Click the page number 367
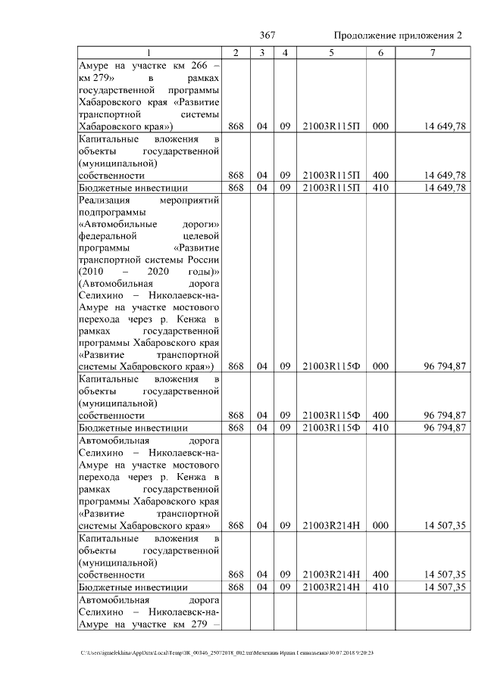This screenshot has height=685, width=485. [x=267, y=36]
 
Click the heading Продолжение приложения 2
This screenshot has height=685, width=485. [x=397, y=36]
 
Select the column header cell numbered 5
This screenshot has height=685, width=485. [x=330, y=52]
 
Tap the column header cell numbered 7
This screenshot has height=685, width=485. [x=431, y=52]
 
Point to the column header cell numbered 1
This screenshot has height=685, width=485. [x=149, y=52]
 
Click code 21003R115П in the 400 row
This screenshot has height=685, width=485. [x=330, y=175]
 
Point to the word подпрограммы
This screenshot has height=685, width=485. [x=110, y=213]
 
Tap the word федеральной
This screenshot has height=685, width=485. [x=108, y=237]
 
